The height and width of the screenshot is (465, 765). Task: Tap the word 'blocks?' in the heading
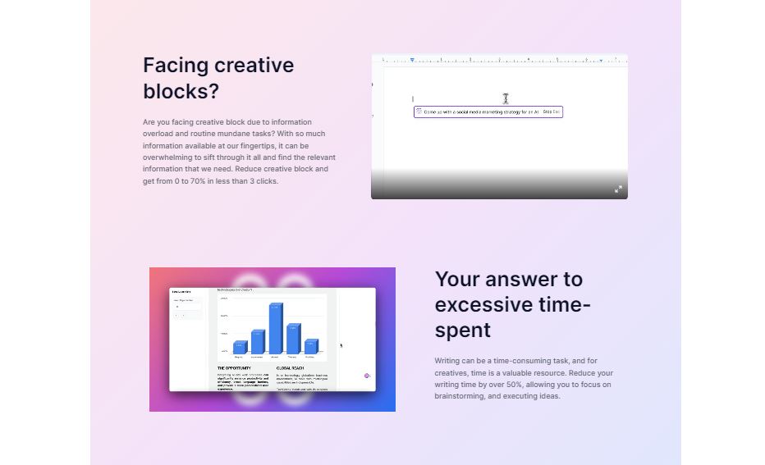coord(181,91)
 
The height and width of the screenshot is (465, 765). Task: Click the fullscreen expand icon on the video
coord(618,189)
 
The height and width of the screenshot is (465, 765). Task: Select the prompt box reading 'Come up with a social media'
coord(488,112)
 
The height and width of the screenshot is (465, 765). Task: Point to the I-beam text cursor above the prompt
coord(506,98)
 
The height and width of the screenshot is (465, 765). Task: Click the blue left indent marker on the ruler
coord(412,60)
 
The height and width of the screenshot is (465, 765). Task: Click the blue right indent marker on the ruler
coord(601,60)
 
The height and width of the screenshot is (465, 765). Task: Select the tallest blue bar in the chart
coord(276,329)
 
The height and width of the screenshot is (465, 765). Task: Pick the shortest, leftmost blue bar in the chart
coord(240,347)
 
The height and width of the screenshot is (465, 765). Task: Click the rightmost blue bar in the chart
coord(311,346)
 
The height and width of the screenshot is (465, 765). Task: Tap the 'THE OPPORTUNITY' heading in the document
coord(234,368)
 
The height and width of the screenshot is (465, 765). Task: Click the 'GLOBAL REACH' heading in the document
coord(291,368)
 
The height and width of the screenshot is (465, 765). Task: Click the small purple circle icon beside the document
coord(367,376)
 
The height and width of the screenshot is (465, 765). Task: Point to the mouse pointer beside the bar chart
coord(341,345)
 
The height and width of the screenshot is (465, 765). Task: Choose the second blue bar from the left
coord(258,341)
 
